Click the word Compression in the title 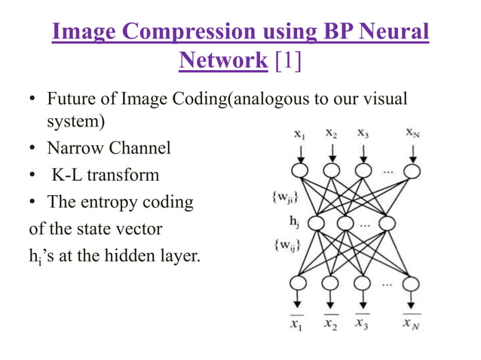click(x=191, y=32)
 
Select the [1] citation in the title click(x=286, y=60)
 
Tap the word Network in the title click(x=223, y=60)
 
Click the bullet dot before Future click(x=33, y=101)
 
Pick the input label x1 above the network click(x=300, y=136)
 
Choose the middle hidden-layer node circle click(x=345, y=224)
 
